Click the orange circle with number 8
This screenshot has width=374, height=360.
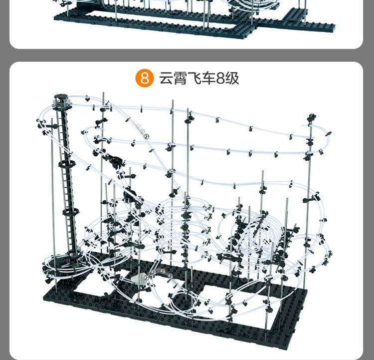145,78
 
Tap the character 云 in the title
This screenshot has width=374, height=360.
167,78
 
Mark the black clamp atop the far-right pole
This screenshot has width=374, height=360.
312,118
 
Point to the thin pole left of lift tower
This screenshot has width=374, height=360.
52,190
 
